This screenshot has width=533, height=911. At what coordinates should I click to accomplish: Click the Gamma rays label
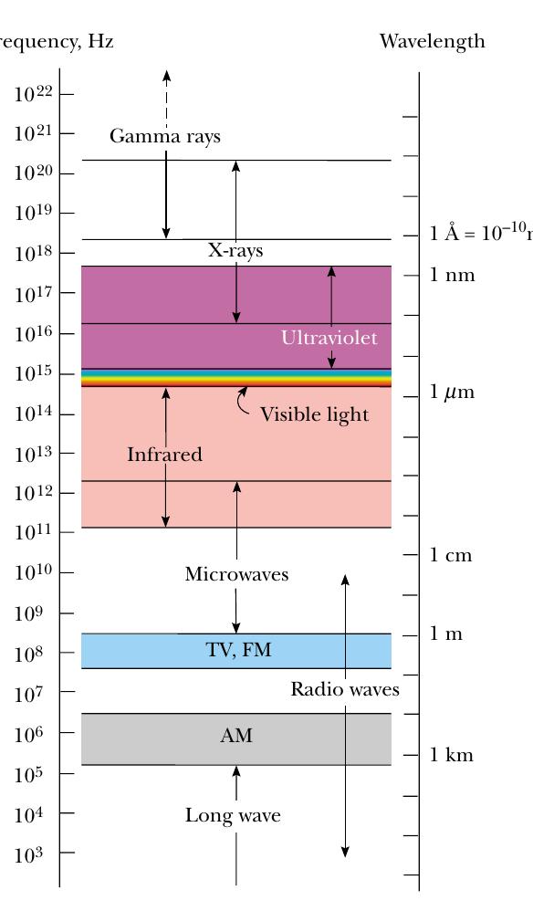[164, 137]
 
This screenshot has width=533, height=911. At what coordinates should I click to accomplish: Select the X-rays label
[235, 250]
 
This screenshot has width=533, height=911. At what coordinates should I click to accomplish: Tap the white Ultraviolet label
[329, 338]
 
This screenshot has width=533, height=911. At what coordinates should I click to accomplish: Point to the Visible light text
[314, 414]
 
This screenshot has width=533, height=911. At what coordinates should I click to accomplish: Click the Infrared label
[164, 455]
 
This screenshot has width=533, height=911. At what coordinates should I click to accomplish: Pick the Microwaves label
[236, 574]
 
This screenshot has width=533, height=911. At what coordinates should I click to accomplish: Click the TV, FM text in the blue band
[237, 651]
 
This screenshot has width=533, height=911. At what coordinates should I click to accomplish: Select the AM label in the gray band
[235, 736]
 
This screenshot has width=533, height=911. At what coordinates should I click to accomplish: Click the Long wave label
[233, 815]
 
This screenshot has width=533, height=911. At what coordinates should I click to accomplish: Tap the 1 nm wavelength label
[453, 275]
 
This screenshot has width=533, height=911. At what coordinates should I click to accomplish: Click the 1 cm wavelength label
[451, 555]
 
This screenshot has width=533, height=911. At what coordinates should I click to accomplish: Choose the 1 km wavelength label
[452, 755]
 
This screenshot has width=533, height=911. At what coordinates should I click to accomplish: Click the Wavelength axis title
[432, 42]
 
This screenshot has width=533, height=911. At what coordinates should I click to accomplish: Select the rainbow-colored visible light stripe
[236, 378]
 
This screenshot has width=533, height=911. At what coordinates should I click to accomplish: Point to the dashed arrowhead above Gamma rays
[166, 75]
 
